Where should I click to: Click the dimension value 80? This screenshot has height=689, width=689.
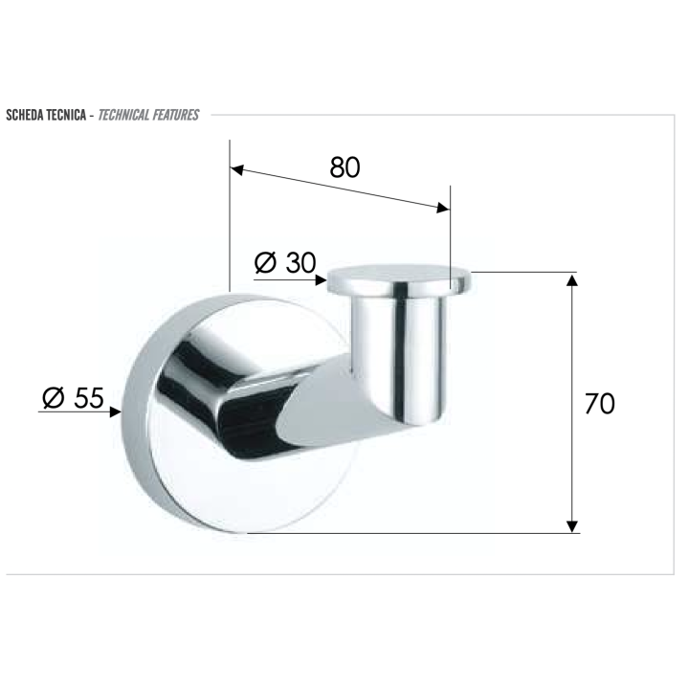point(344,167)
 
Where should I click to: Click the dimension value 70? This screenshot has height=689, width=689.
point(599,404)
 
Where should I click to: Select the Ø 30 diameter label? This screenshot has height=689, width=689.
point(285,262)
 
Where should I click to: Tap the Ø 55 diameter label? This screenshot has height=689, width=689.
point(73,398)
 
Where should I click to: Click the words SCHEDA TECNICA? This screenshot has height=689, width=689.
point(47,116)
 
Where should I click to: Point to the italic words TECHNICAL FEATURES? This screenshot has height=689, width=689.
point(148,116)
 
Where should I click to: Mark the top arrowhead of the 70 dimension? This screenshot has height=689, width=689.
point(572,280)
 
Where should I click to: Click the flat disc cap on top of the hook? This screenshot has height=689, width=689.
point(400,279)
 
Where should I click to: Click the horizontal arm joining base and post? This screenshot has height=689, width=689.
point(287,402)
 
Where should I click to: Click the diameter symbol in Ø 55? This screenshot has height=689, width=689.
point(53,398)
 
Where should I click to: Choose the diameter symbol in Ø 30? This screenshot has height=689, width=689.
point(266,262)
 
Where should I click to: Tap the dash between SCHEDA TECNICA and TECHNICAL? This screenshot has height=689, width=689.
point(92,116)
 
